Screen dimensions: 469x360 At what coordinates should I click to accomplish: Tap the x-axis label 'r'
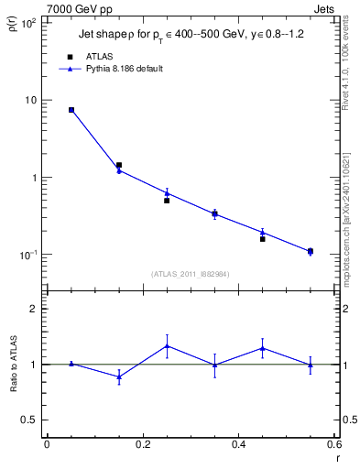pos(337,457)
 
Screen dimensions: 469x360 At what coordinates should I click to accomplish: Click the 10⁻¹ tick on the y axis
pos(28,254)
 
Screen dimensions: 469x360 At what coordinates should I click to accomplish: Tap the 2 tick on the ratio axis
pos(34,309)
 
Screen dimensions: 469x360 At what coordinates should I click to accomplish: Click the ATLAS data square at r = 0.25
pos(167,200)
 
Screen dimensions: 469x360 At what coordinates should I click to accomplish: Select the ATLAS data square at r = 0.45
pos(263,238)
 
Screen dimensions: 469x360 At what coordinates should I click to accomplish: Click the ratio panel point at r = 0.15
pos(119,376)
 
